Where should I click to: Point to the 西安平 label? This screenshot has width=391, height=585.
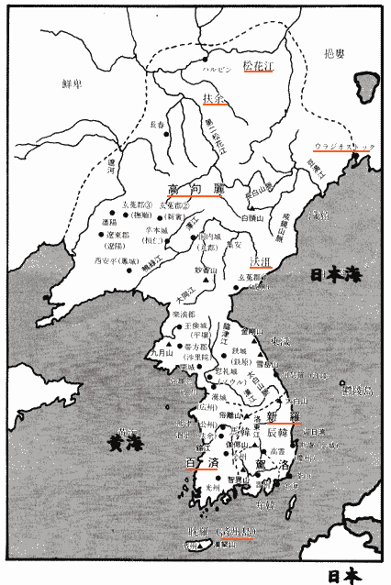coord(113,260)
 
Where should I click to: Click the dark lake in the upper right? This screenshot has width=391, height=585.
coord(363,83)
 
